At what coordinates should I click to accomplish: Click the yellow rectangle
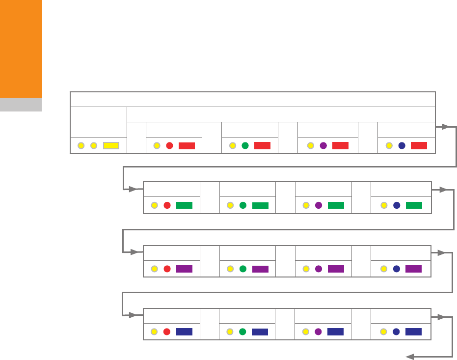111,145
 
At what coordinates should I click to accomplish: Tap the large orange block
21,49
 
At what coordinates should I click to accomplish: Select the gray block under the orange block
21,105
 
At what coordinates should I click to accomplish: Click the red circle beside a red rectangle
169,145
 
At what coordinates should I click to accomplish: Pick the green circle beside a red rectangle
245,145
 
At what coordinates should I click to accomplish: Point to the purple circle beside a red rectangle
323,145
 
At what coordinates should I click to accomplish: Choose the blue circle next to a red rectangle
402,145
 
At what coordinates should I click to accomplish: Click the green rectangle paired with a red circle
184,205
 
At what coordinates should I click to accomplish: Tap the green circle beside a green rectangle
242,205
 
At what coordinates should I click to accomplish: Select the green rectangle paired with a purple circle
336,205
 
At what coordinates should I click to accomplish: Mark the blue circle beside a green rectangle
397,205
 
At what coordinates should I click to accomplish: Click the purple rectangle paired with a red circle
184,269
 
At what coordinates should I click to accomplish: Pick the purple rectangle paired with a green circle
260,269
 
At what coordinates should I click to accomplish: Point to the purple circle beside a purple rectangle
318,269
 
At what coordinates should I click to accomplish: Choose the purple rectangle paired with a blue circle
414,269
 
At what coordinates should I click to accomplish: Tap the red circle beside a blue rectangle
167,332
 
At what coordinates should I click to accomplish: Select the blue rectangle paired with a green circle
260,332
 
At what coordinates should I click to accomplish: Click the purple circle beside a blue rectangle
318,332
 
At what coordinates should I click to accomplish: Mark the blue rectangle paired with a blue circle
414,332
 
